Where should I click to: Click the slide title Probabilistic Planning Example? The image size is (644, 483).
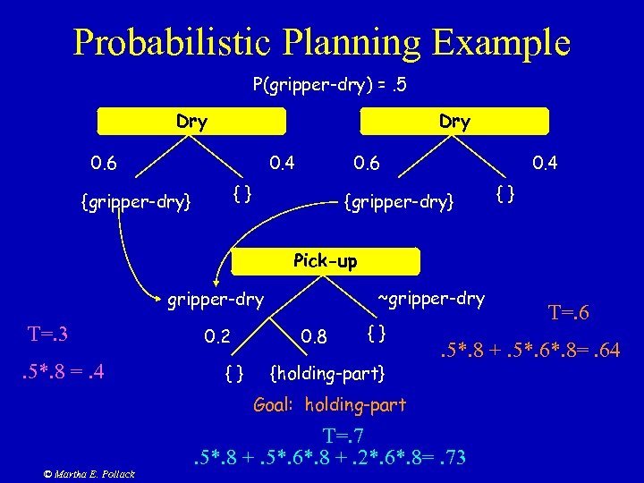[x=321, y=41]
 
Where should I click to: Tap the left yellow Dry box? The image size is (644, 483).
[x=191, y=122]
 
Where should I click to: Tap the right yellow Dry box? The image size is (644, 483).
[x=453, y=122]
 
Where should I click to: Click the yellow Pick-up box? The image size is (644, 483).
[x=325, y=261]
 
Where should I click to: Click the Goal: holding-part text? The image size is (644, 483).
[x=330, y=404]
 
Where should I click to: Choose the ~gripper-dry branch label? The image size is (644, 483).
[x=431, y=298]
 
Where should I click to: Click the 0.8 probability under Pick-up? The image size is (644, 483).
[x=315, y=337]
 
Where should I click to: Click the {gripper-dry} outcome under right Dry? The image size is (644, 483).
[x=400, y=202]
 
